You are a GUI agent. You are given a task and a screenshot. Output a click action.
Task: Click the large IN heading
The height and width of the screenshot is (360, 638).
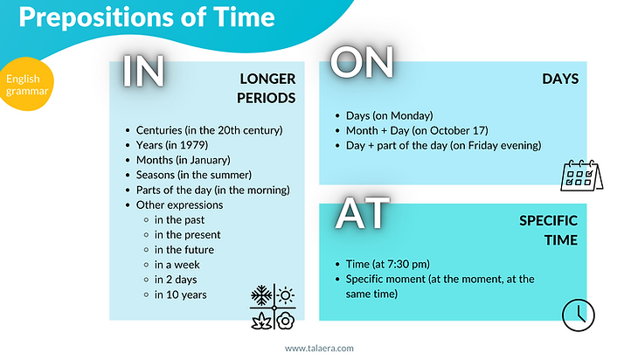tap(143, 71)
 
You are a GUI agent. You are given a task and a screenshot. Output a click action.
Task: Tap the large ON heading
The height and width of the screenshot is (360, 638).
tap(362, 62)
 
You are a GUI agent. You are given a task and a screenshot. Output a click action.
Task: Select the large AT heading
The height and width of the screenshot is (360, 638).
tap(363, 213)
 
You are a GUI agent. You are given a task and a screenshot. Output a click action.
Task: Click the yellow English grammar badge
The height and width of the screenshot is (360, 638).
tap(27, 84)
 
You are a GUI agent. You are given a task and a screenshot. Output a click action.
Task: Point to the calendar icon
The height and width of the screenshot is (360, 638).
tap(581, 176)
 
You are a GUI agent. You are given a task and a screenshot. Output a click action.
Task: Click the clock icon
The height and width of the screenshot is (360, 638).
tap(579, 315)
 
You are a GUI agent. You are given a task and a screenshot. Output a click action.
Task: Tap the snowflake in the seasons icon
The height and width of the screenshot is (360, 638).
tap(261, 294)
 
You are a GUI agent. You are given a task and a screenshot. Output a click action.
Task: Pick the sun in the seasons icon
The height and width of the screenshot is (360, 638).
tap(286, 295)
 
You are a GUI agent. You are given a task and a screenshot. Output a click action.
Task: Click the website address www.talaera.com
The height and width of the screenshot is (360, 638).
tap(319, 348)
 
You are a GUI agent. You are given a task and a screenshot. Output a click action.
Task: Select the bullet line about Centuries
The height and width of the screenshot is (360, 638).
tap(205, 130)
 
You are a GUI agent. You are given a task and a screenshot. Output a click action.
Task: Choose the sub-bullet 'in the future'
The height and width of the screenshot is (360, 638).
tap(184, 250)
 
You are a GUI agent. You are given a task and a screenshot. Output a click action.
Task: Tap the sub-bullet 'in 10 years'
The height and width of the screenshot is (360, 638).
tap(180, 294)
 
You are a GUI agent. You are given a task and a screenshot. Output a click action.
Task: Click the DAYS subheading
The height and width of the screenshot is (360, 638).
tap(560, 79)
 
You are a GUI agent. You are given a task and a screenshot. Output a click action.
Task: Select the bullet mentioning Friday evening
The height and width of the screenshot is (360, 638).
tap(439, 146)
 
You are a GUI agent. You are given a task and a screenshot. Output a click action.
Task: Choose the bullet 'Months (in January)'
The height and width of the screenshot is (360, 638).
tap(178, 160)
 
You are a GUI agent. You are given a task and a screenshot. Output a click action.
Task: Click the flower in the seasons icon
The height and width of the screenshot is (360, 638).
tap(286, 321)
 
